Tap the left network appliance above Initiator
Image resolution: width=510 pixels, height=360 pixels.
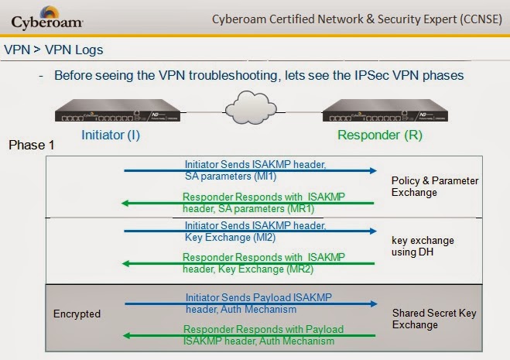pyautogui.click(x=118, y=113)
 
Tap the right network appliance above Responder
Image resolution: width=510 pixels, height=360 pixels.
pyautogui.click(x=387, y=113)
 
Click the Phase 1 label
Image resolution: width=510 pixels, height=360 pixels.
pyautogui.click(x=31, y=146)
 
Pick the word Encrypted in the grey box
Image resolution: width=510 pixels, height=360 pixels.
pyautogui.click(x=77, y=314)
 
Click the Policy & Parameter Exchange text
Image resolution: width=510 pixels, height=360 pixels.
pyautogui.click(x=435, y=186)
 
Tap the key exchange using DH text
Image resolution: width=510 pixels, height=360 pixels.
pyautogui.click(x=423, y=246)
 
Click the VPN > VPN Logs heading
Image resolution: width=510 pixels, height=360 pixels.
pyautogui.click(x=53, y=50)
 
